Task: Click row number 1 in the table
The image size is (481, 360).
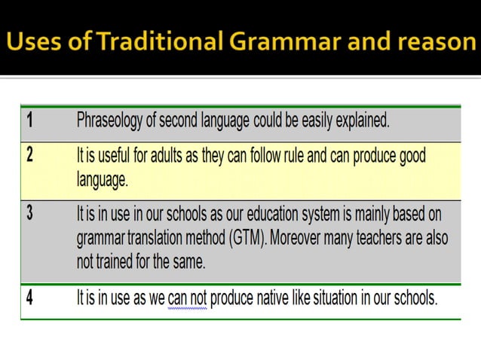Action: (x=29, y=119)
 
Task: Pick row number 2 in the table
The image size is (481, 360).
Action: (x=29, y=156)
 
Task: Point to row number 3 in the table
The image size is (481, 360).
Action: (x=29, y=212)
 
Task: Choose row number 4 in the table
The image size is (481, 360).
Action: (x=29, y=297)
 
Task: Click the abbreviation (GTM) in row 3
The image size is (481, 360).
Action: (x=269, y=239)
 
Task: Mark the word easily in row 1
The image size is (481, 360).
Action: (x=313, y=120)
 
